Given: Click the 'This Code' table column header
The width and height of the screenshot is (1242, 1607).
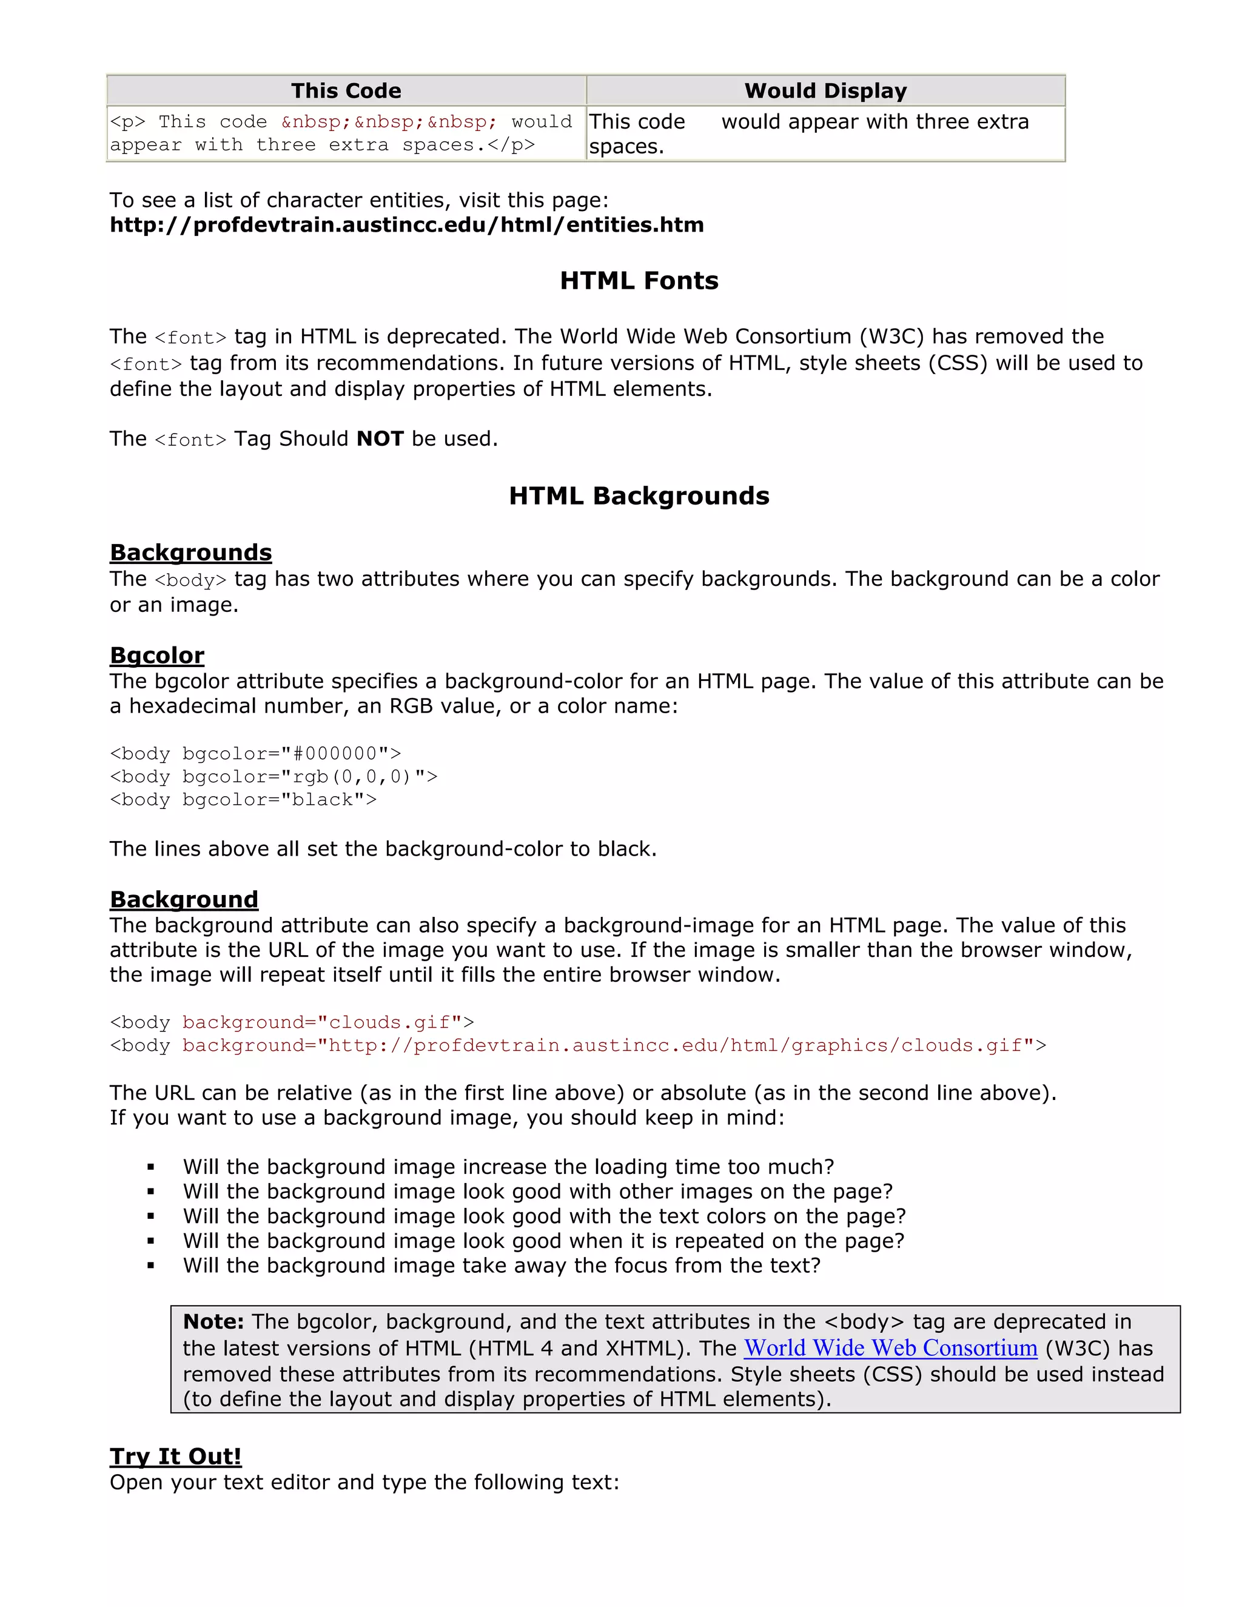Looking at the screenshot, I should (x=346, y=90).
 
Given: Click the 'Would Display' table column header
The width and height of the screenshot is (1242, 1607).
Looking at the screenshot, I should (x=825, y=90).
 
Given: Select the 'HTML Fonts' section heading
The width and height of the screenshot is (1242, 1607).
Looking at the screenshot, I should (x=639, y=280).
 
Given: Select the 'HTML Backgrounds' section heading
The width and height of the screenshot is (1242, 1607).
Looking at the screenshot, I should (x=639, y=496).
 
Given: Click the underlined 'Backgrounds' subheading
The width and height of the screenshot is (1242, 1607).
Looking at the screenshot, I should (x=190, y=552).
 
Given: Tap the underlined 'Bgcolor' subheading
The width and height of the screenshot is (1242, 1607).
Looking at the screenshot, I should (x=156, y=655).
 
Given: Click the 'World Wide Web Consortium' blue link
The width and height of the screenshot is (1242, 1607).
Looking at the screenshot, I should (x=890, y=1347).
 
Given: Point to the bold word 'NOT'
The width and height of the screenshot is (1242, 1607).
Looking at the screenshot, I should (x=380, y=438).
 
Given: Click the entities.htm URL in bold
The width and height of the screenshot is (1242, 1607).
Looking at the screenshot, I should (x=406, y=224).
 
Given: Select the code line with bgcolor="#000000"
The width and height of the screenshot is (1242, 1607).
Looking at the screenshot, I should (x=255, y=753).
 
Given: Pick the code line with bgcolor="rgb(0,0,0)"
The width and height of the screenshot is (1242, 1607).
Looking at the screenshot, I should (x=273, y=776).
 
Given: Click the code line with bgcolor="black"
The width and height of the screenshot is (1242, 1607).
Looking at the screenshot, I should (x=243, y=799).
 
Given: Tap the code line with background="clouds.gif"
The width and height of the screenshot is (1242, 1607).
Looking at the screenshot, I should (x=291, y=1022).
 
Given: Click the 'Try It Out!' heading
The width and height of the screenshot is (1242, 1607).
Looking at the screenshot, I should (x=175, y=1456).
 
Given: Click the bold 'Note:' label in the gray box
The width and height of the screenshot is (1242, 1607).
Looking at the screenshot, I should (x=213, y=1321).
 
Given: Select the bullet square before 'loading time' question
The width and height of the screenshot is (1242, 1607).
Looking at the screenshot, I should (x=151, y=1167).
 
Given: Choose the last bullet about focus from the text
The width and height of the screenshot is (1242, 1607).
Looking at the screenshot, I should (x=501, y=1265).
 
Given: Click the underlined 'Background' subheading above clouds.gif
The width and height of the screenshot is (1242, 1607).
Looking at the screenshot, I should (x=184, y=899).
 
